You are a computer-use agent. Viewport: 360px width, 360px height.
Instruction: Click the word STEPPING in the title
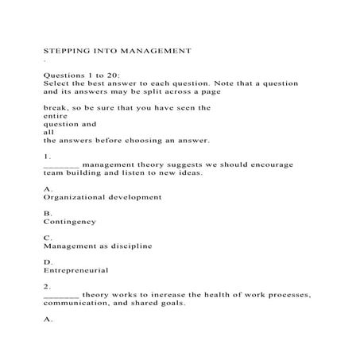[x=64, y=50]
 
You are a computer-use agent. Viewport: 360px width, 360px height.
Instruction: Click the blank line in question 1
[x=60, y=166]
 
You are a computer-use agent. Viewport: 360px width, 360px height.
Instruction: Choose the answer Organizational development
[x=103, y=197]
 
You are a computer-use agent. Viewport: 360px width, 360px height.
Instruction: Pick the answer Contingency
[x=70, y=222]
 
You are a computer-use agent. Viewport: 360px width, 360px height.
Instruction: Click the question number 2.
[x=47, y=286]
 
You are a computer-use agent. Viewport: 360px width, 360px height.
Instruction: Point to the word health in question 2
[x=185, y=295]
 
